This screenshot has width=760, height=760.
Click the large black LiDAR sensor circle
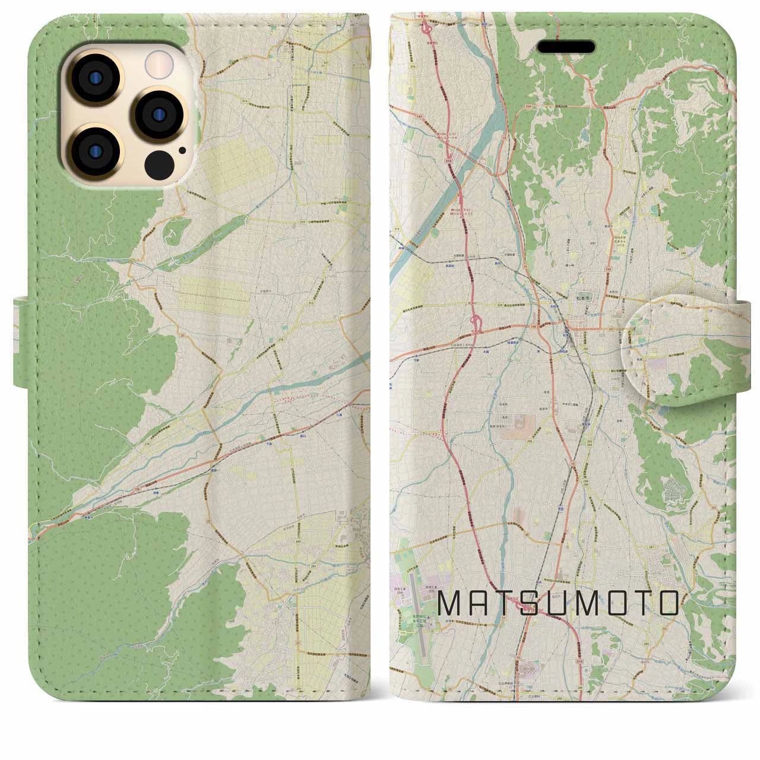tap(159, 160)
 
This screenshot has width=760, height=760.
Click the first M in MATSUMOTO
tap(449, 603)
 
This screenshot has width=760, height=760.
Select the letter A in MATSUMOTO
tap(481, 603)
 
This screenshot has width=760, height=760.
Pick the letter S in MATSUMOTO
tap(539, 603)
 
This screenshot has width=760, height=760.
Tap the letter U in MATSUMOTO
tap(568, 603)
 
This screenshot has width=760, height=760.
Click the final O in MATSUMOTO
tap(668, 603)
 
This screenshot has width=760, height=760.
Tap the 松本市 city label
tap(580, 293)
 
